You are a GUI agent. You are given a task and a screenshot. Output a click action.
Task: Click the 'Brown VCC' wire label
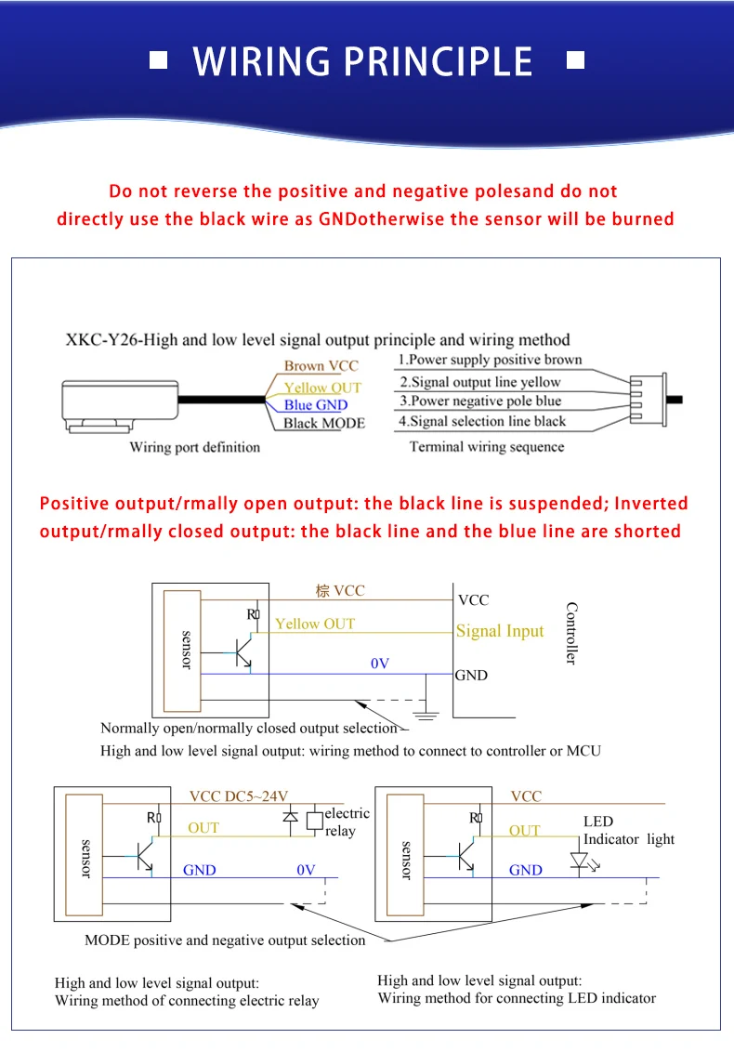[321, 366]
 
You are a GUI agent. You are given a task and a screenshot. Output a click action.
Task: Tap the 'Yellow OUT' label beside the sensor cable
[322, 387]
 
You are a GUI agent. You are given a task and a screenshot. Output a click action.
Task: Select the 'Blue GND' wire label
[316, 404]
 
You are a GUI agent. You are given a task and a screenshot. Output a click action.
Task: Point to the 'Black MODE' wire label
[324, 423]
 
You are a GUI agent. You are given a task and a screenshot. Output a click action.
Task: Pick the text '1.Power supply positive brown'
[490, 360]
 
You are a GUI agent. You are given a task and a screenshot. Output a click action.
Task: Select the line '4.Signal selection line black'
[482, 421]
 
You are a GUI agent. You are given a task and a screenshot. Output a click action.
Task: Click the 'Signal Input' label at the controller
[500, 631]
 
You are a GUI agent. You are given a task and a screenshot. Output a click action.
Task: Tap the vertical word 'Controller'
[571, 633]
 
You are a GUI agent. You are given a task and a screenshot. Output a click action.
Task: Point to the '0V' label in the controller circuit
[380, 664]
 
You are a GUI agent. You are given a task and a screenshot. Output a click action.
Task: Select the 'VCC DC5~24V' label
[239, 796]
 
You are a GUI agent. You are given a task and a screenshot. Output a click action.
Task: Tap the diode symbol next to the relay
[290, 818]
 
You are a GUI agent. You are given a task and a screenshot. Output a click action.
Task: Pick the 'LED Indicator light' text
[628, 830]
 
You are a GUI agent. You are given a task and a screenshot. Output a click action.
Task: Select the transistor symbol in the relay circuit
[145, 854]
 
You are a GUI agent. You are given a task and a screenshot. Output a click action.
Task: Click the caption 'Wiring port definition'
[194, 447]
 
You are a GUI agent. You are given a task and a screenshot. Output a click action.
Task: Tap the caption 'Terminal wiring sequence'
[487, 447]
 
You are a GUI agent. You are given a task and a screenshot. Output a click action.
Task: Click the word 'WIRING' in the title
[262, 61]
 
